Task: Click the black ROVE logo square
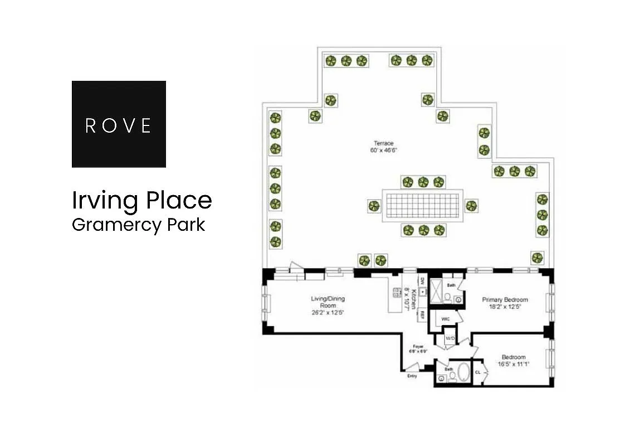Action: (x=119, y=124)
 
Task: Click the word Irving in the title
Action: (x=105, y=201)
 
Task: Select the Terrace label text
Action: (x=383, y=143)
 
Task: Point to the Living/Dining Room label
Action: (x=328, y=302)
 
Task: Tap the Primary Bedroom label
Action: (x=505, y=300)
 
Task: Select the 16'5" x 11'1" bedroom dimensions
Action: (x=514, y=365)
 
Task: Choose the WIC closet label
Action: (x=445, y=319)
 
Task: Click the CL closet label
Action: (x=478, y=372)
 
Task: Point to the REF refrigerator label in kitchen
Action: (x=423, y=315)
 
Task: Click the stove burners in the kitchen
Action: (x=398, y=293)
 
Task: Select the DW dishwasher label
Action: (x=423, y=282)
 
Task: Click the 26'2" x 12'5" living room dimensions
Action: (x=328, y=313)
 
